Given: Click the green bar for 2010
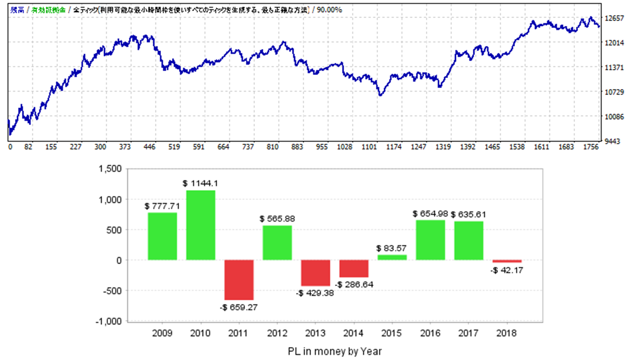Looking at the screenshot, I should (x=200, y=225).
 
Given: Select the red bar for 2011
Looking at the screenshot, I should (x=239, y=280).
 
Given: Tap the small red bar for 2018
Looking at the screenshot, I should (x=507, y=261).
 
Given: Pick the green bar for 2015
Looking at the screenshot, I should (x=392, y=257).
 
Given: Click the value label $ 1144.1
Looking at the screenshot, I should (x=200, y=183).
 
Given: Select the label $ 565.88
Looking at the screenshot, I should (x=277, y=218).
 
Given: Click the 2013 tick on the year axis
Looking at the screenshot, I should (x=315, y=332).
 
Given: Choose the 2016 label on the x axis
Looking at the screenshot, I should (x=430, y=332).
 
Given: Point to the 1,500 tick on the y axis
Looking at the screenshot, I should (x=111, y=169).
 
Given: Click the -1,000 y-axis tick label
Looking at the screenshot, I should (x=109, y=321).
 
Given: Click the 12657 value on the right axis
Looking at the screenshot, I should (x=614, y=18).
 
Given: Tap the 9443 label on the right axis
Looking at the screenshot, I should (x=612, y=141).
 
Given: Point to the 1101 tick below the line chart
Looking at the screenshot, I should (x=370, y=147).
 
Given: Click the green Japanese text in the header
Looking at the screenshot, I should (x=49, y=9).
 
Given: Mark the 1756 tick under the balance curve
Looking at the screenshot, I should (x=590, y=147).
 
